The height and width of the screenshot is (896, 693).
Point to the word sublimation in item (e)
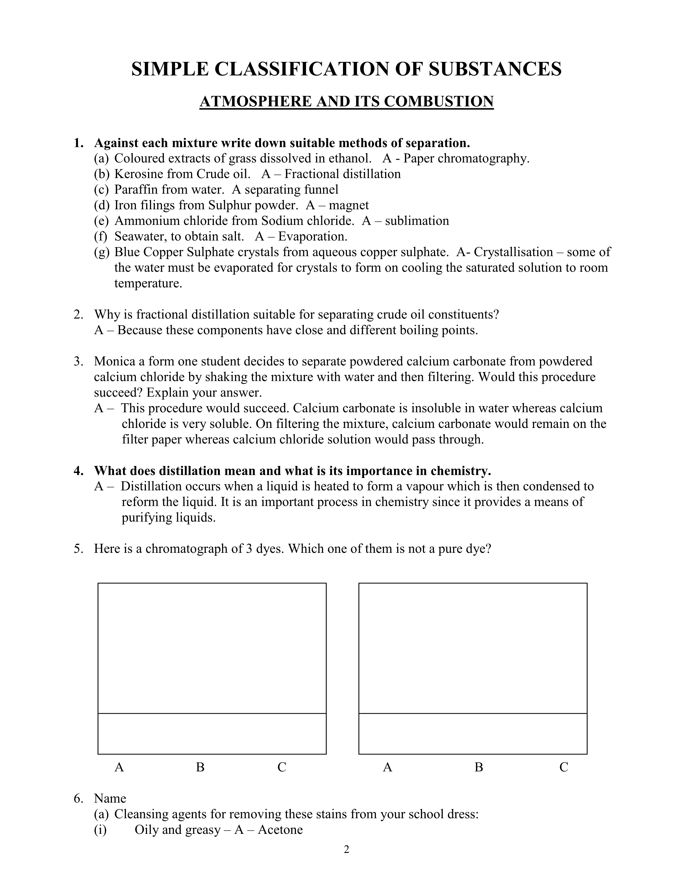tap(417, 221)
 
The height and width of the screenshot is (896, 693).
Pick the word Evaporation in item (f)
tap(313, 236)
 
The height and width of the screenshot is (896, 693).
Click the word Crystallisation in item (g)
tap(513, 252)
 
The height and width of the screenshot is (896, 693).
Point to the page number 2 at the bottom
tap(346, 850)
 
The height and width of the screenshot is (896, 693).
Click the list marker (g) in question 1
tap(101, 252)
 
